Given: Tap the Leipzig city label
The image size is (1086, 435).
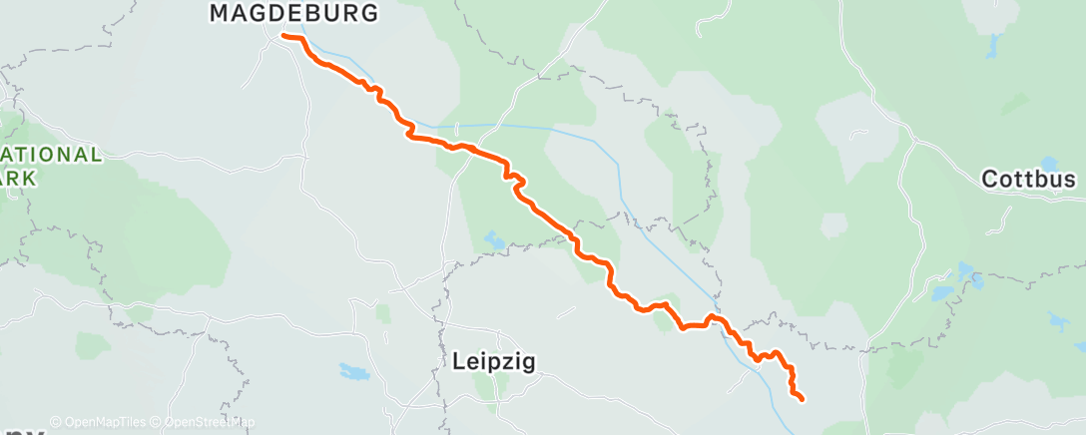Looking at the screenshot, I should pyautogui.click(x=488, y=362).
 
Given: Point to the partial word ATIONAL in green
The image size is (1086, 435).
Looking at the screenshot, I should pyautogui.click(x=50, y=156).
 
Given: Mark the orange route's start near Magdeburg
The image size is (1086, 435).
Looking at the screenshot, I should pyautogui.click(x=284, y=36).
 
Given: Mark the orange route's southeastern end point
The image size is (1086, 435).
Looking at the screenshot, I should pyautogui.click(x=802, y=399).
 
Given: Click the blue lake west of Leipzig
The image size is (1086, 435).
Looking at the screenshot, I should pyautogui.click(x=353, y=372).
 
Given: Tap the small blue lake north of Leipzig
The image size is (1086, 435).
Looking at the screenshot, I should pyautogui.click(x=494, y=239).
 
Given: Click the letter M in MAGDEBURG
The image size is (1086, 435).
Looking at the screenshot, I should pyautogui.click(x=219, y=13).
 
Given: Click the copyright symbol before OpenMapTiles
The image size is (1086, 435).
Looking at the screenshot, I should pyautogui.click(x=55, y=422).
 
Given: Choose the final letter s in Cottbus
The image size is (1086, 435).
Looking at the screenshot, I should pyautogui.click(x=1070, y=180).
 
